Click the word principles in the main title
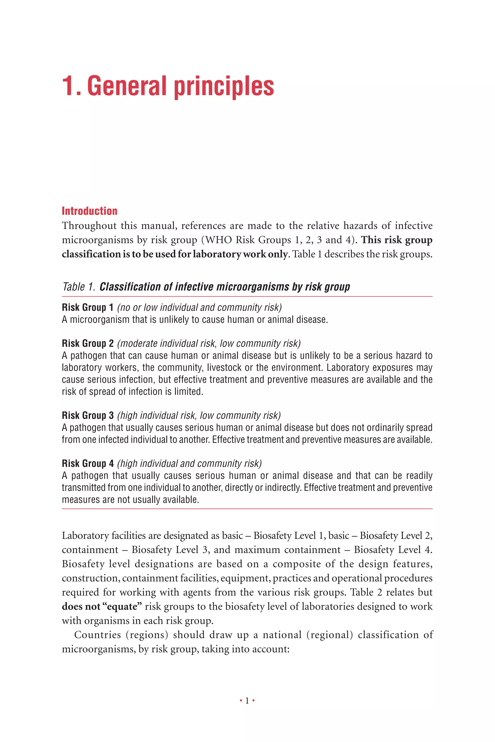pos(224,87)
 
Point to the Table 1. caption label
pos(79,287)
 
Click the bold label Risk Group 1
pos(87,307)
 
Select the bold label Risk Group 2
pos(87,343)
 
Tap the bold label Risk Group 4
pos(87,463)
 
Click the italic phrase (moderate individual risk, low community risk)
pos(209,343)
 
